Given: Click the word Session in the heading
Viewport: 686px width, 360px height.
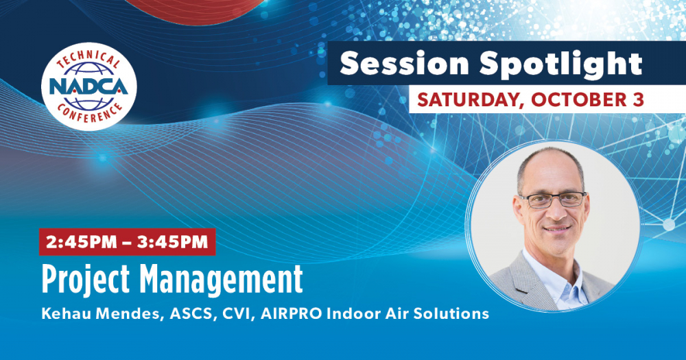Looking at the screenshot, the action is click(405, 64).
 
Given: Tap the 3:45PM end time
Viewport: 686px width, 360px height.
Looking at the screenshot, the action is click(172, 242).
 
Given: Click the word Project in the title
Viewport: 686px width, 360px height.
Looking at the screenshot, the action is click(86, 278).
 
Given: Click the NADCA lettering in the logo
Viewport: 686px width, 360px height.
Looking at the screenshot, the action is click(88, 86).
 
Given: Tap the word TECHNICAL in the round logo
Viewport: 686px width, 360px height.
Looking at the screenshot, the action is click(88, 58).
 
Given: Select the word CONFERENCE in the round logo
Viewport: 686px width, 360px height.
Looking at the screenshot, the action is click(89, 113).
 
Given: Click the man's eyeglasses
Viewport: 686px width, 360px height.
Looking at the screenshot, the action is click(552, 200).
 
